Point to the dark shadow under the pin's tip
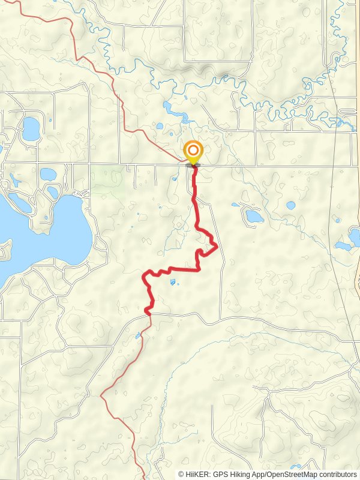tap(193, 165)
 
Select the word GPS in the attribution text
tap(222, 474)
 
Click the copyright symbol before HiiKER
tap(182, 474)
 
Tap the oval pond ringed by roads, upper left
tap(31, 128)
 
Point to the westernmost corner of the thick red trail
tap(143, 277)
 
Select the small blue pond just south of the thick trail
tap(173, 281)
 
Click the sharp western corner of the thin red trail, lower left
tap(101, 394)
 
